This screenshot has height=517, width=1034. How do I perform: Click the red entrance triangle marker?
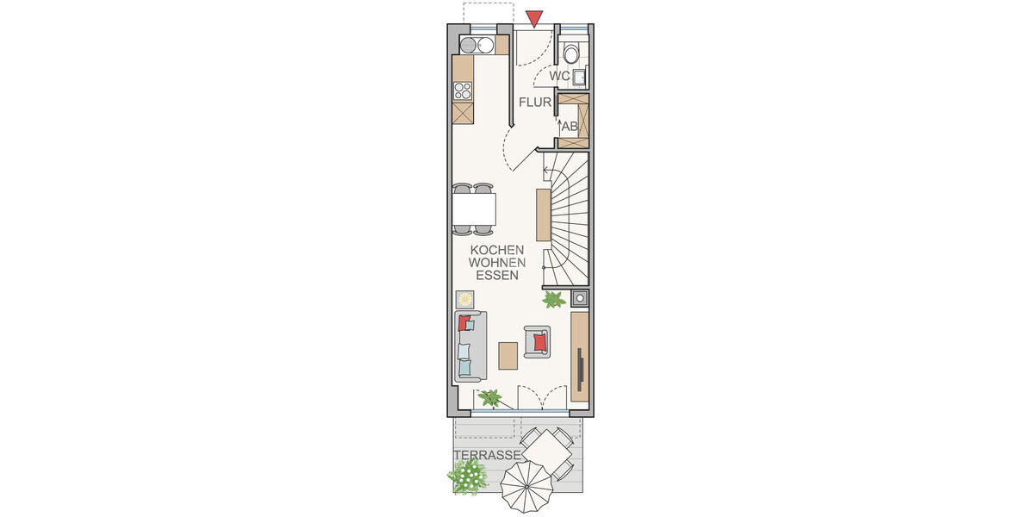pyautogui.click(x=535, y=17)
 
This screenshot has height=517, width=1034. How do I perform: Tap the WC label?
pyautogui.click(x=560, y=77)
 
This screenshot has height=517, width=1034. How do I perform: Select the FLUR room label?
pyautogui.click(x=534, y=103)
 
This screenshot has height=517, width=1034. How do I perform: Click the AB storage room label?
pyautogui.click(x=570, y=126)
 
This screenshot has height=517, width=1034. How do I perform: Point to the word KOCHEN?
pyautogui.click(x=497, y=250)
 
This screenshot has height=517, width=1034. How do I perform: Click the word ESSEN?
pyautogui.click(x=497, y=277)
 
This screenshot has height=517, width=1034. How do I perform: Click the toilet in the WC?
pyautogui.click(x=571, y=53)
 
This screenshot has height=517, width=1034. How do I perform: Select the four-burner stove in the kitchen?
pyautogui.click(x=463, y=90)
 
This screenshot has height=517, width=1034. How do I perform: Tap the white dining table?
pyautogui.click(x=474, y=209)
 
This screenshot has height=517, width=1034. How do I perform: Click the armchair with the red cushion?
pyautogui.click(x=538, y=341)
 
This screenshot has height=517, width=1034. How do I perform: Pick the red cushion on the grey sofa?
pyautogui.click(x=466, y=323)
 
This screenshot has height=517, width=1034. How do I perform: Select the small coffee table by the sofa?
pyautogui.click(x=508, y=354)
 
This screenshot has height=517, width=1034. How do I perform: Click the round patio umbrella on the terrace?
pyautogui.click(x=526, y=487)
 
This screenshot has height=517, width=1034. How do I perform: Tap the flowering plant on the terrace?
pyautogui.click(x=469, y=475)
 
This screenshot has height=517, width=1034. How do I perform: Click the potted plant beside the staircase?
pyautogui.click(x=552, y=300)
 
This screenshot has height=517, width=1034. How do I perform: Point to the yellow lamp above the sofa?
pyautogui.click(x=465, y=299)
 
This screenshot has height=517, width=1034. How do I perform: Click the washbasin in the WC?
pyautogui.click(x=581, y=78)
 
